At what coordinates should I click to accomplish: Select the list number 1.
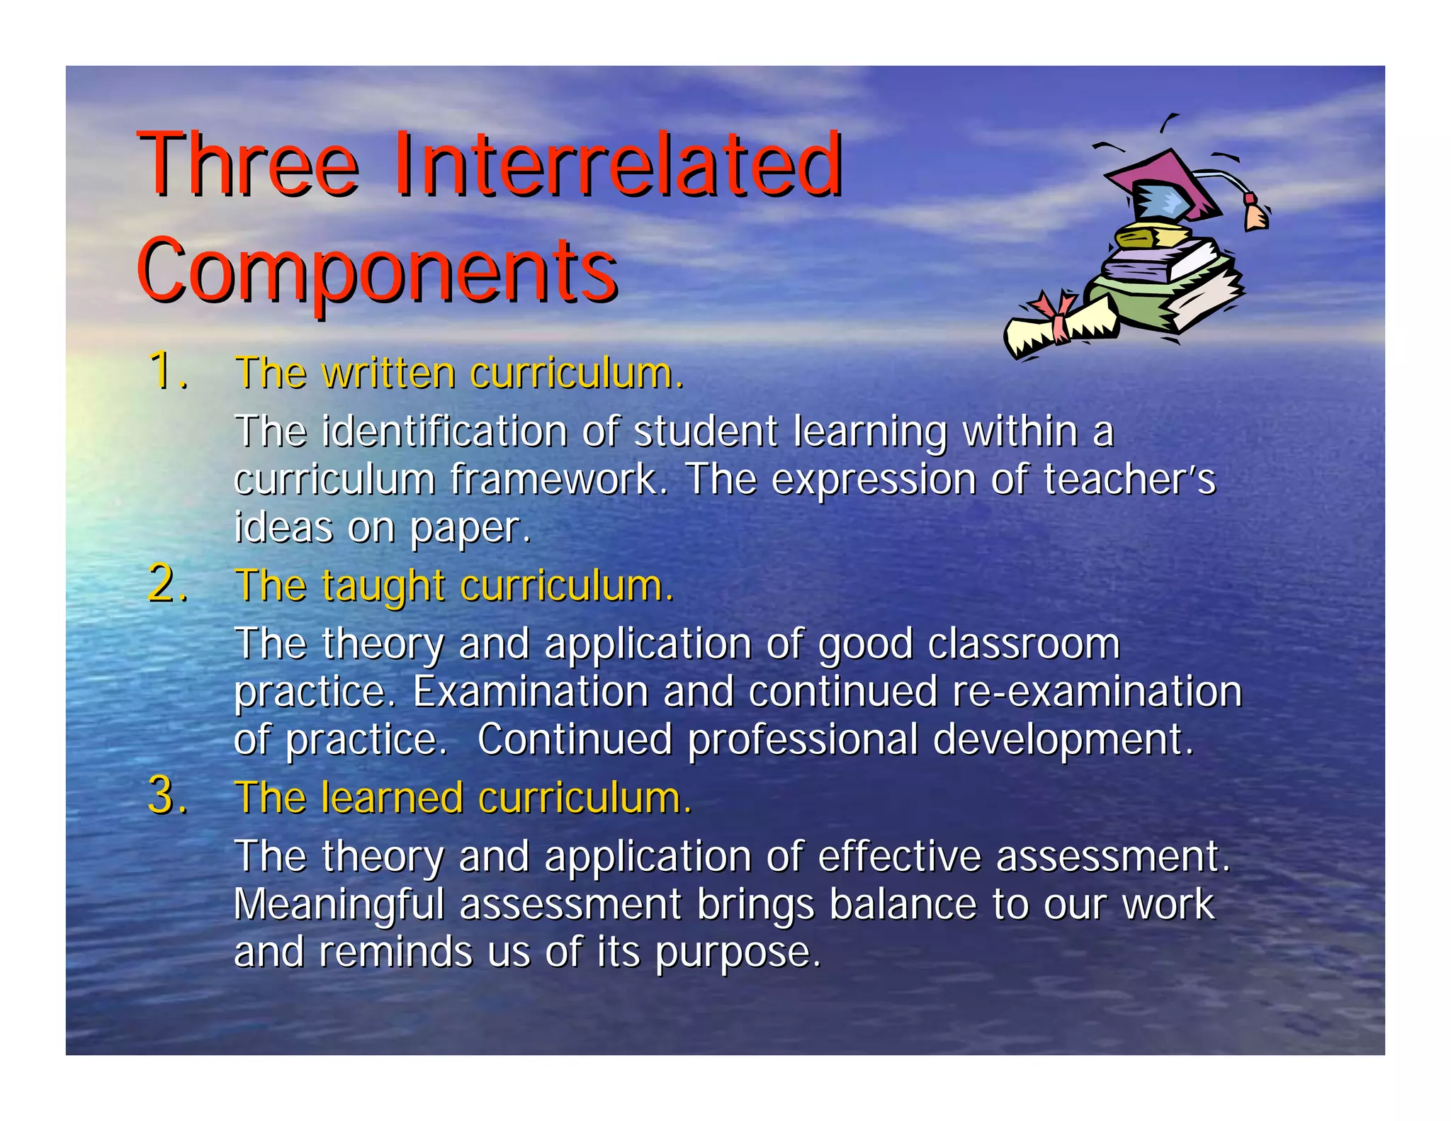point(167,371)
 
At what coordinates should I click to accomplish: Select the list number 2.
point(167,585)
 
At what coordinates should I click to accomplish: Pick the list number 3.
point(167,796)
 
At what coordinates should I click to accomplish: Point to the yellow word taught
point(383,587)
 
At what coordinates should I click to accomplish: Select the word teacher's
point(1129,480)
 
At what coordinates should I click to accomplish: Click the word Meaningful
point(339,905)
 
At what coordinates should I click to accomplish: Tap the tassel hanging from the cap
point(1255,214)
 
